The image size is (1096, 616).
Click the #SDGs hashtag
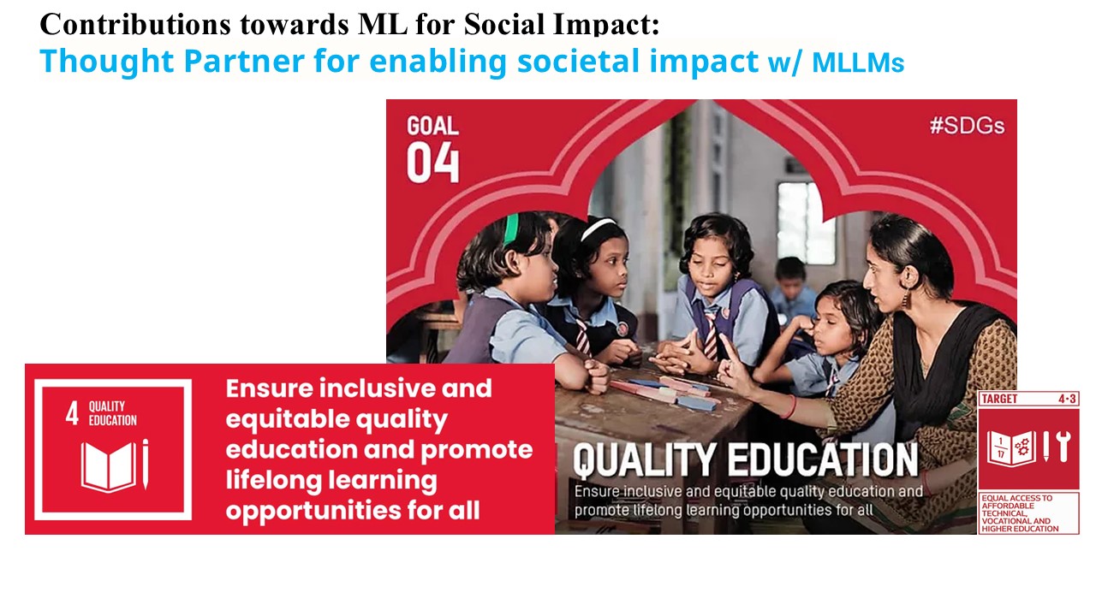[967, 127]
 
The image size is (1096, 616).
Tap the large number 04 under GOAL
[433, 163]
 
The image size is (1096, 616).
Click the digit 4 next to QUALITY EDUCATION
[73, 414]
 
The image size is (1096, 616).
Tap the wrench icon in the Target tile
[1064, 447]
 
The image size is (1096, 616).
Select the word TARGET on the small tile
[1000, 399]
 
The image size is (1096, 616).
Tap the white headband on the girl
[597, 228]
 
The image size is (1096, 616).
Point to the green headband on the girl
[511, 228]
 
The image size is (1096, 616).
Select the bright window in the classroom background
[805, 222]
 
